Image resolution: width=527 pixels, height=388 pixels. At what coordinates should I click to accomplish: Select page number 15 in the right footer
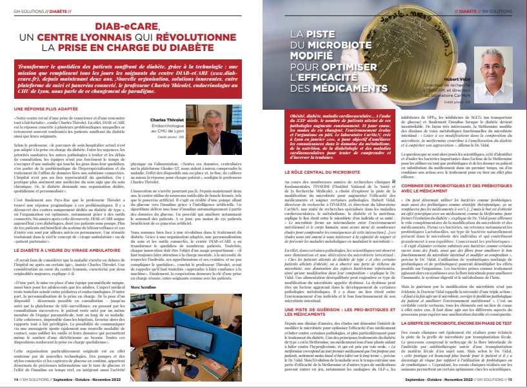pos(512,381)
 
